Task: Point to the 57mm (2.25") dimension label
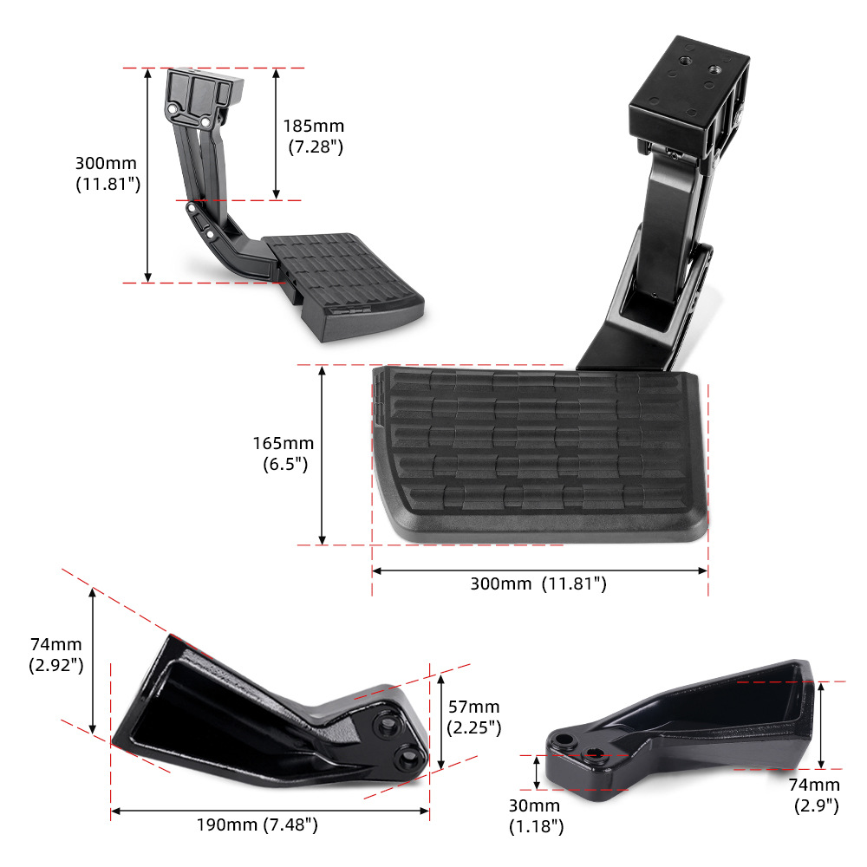click(x=474, y=718)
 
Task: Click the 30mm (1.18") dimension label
click(x=536, y=816)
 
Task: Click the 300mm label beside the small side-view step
click(x=108, y=173)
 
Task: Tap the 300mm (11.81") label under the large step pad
click(x=538, y=583)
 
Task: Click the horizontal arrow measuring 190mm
click(x=270, y=812)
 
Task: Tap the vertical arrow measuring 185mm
click(x=276, y=134)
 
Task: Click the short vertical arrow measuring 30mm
click(x=538, y=770)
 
